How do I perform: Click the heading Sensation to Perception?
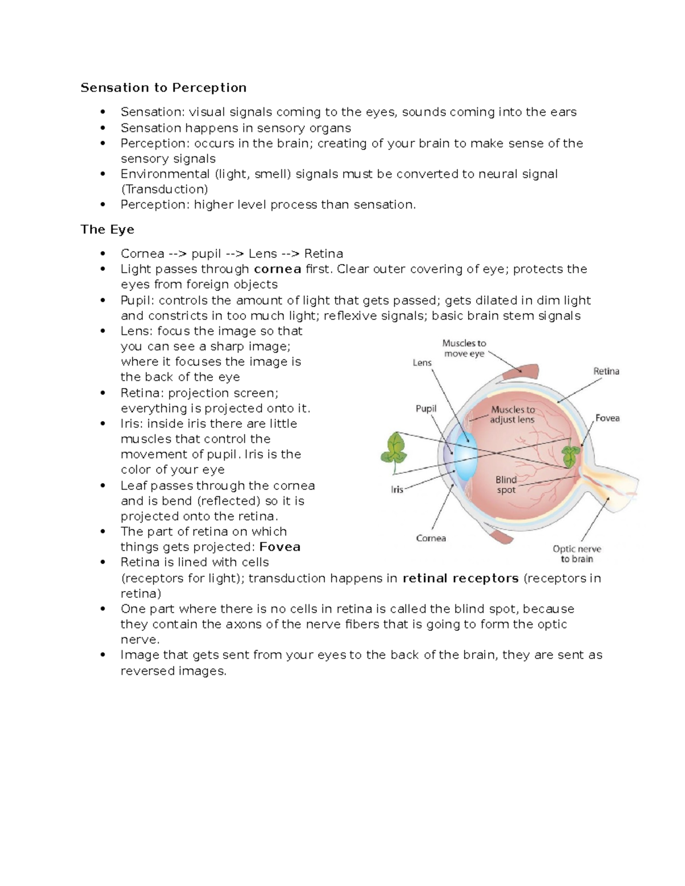tap(163, 87)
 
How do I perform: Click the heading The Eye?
tap(107, 229)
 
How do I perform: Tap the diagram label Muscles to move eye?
tap(464, 348)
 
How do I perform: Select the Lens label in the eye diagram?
tap(422, 362)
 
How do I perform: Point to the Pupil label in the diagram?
tap(426, 408)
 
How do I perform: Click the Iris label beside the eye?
tap(397, 489)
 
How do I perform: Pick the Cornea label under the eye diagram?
tap(431, 538)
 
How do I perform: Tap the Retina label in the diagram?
tap(606, 371)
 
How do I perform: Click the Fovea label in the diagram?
tap(607, 418)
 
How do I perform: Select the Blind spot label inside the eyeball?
tap(506, 484)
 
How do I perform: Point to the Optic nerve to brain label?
tap(577, 554)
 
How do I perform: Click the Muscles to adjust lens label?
tap(513, 414)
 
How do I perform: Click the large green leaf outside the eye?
tap(393, 449)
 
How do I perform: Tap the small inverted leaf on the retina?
tap(570, 456)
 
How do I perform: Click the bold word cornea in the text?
tap(277, 269)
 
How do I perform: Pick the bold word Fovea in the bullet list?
tap(280, 547)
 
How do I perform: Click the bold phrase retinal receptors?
tap(461, 578)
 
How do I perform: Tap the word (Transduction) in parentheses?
tap(164, 189)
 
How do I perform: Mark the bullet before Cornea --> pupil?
tap(103, 253)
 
